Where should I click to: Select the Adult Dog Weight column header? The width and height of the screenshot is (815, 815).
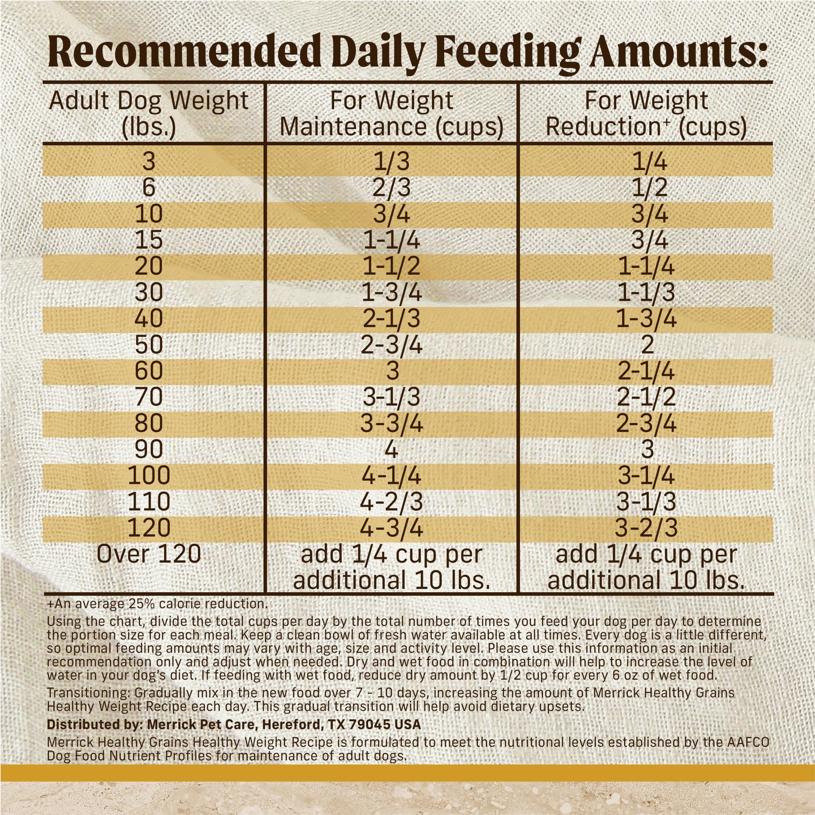click(x=148, y=113)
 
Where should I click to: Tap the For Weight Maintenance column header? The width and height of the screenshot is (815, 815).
click(x=392, y=113)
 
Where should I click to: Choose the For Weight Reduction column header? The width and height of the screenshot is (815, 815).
click(x=646, y=113)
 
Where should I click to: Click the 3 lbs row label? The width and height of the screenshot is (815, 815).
click(x=148, y=162)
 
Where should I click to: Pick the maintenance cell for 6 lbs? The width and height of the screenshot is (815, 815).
click(x=392, y=188)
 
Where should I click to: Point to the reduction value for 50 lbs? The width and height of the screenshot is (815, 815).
click(x=647, y=345)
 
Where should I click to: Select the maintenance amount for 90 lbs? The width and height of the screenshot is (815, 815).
click(x=392, y=449)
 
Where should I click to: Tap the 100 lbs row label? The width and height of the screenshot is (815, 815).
click(x=148, y=475)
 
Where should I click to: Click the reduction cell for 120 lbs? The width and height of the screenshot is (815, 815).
click(x=646, y=528)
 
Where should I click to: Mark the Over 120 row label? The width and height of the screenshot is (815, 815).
click(x=148, y=554)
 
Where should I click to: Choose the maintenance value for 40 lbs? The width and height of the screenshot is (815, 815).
click(x=392, y=319)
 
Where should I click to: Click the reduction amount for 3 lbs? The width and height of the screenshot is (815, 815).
click(x=650, y=162)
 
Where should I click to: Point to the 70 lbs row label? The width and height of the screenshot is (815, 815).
click(x=148, y=397)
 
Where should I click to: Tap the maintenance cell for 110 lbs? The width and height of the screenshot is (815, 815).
click(x=392, y=502)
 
